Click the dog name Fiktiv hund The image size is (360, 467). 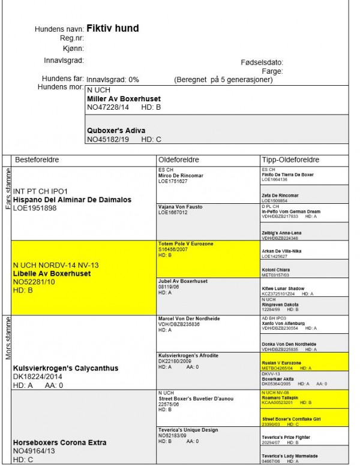[113, 28]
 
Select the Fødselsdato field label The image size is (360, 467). [262, 62]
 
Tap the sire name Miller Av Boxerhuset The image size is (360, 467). [124, 99]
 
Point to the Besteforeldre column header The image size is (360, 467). [39, 160]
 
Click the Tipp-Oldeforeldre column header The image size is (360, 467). [291, 160]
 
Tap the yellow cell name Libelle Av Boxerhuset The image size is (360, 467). [52, 273]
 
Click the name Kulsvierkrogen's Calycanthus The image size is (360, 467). [65, 368]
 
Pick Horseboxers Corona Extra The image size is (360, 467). [60, 443]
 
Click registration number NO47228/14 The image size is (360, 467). [109, 107]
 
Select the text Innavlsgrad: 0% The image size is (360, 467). [113, 79]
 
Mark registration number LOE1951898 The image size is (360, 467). [35, 208]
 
